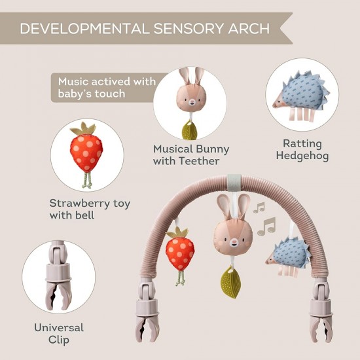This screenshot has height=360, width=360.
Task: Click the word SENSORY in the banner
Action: point(189,28)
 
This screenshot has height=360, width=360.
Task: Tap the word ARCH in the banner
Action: point(249,28)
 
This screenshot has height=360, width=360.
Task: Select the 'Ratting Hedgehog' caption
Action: point(302,149)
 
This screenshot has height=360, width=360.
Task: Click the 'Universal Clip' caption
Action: point(59,333)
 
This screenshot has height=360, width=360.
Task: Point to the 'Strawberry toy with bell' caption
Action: point(90,209)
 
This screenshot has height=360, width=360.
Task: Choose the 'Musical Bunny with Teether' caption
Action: point(191,154)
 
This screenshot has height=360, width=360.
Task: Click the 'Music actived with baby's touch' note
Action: point(107,88)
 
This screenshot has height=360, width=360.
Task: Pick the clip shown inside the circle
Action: point(58,276)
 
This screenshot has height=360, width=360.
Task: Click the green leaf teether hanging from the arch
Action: point(231,281)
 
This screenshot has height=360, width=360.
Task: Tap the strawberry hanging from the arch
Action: point(180,250)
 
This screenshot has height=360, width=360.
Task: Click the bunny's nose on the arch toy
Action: point(234,242)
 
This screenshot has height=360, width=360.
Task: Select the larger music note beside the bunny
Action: point(266,226)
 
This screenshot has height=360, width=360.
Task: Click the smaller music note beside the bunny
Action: point(259,207)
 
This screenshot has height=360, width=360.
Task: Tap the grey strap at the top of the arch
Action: point(234,183)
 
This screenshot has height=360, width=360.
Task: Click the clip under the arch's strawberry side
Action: point(147,310)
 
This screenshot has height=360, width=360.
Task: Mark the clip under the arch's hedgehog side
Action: point(321,310)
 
